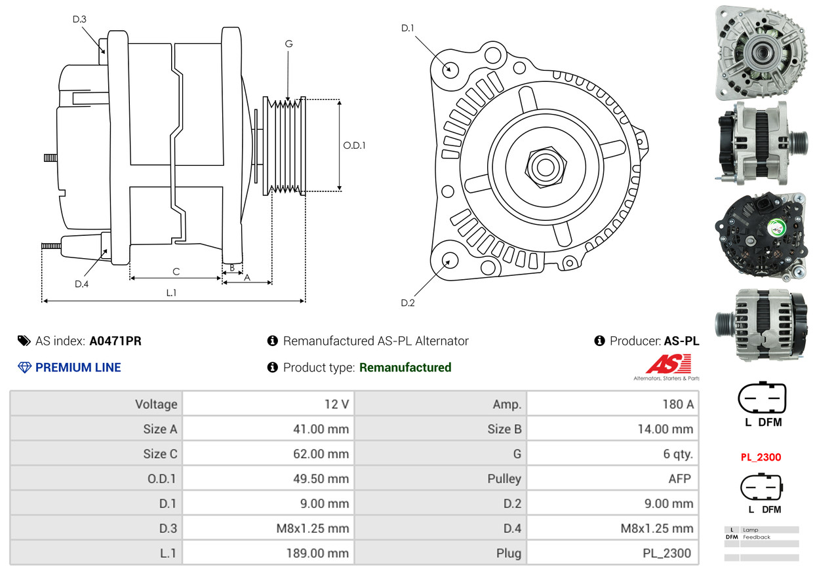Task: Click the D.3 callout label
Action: [x=79, y=19]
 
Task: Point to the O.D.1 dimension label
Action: [x=354, y=145]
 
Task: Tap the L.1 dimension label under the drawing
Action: [x=171, y=293]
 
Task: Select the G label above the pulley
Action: [x=288, y=44]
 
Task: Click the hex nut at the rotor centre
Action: [x=544, y=166]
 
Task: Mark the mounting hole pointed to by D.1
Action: [x=450, y=68]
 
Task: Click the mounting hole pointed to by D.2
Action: [x=450, y=260]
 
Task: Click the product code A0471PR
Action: [x=115, y=341]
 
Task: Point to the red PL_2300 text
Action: [x=761, y=457]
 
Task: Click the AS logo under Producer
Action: [x=668, y=365]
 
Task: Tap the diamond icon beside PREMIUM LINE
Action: [x=24, y=368]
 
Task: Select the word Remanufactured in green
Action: [x=405, y=368]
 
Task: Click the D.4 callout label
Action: [x=81, y=284]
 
